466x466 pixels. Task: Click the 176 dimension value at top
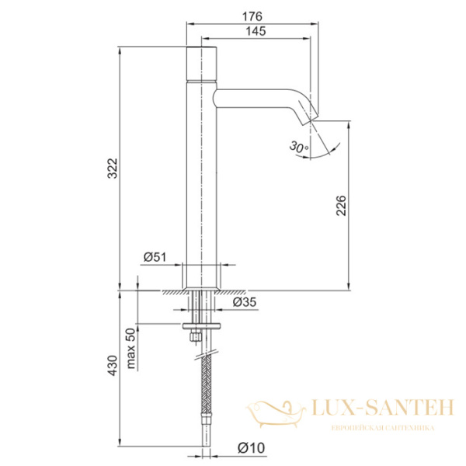pos(252,16)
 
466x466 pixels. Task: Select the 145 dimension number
pos(256,31)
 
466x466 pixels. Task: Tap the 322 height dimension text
pos(113,169)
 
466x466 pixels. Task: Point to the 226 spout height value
pos(341,205)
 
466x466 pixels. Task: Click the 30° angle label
pos(299,147)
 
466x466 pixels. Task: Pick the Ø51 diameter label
pos(155,257)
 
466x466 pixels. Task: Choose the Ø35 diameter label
pos(245,302)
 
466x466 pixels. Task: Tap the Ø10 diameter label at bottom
pos(251,447)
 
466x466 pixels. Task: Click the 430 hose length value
pos(113,365)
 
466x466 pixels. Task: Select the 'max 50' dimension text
pos(130,348)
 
